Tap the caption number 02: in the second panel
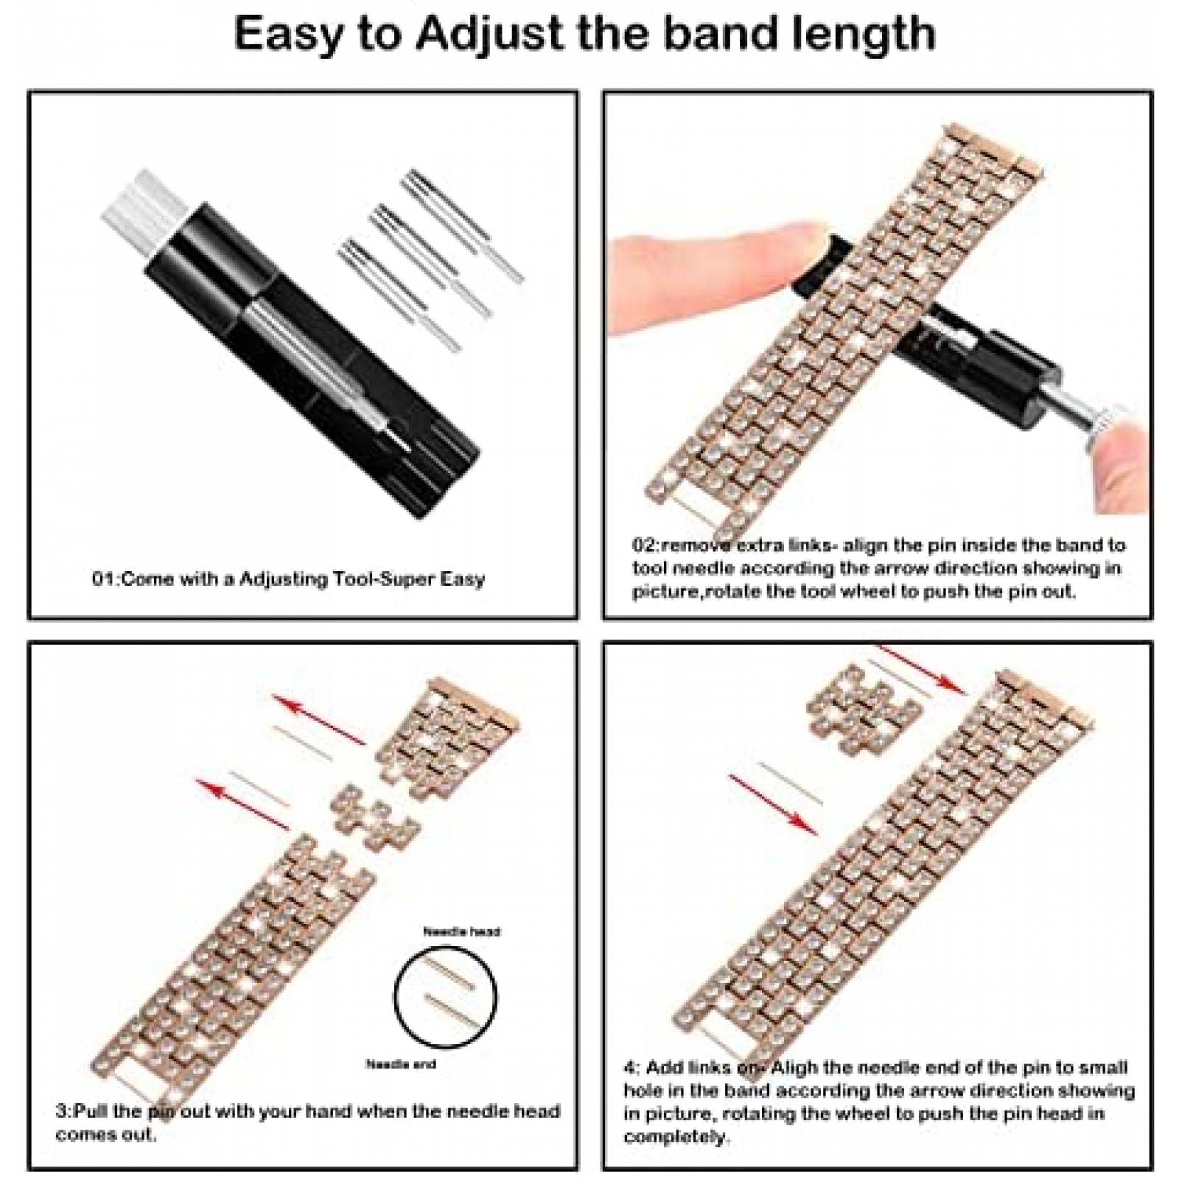[x=647, y=545]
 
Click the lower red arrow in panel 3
[x=243, y=805]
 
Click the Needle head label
[x=462, y=931]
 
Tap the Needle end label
[x=401, y=1064]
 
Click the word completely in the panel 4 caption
[x=676, y=1136]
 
